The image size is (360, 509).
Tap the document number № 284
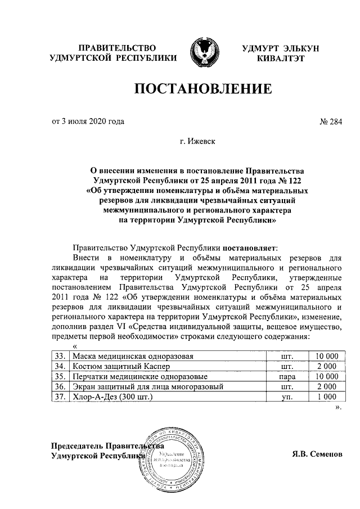tap(330, 121)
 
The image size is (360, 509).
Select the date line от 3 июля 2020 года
tap(88, 121)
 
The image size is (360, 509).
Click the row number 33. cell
tap(58, 357)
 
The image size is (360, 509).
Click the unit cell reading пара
tap(287, 377)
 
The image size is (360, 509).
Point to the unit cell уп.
tap(287, 397)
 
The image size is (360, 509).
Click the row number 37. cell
tap(58, 397)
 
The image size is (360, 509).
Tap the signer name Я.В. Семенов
tap(317, 454)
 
